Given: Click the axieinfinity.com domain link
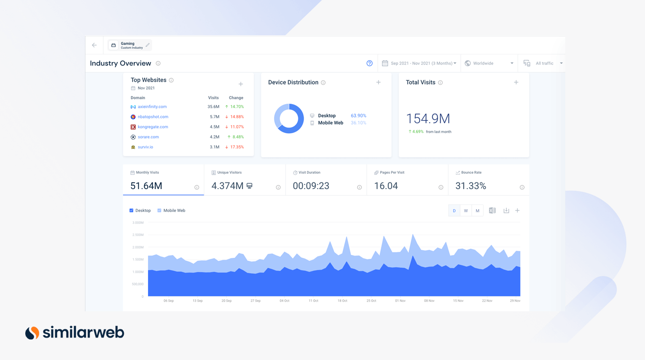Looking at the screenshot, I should click(x=152, y=107).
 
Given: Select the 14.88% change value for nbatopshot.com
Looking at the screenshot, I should click(x=236, y=117).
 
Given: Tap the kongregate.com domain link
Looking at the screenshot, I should click(x=153, y=127).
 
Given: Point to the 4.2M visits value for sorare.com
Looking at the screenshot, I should click(x=214, y=137).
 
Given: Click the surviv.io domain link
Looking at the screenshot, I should click(x=145, y=147).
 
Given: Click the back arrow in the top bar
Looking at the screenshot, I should click(x=95, y=45).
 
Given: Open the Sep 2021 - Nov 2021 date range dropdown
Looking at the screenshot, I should click(x=420, y=64).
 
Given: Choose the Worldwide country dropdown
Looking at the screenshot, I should click(x=489, y=64).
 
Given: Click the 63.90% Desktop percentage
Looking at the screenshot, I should click(x=359, y=116).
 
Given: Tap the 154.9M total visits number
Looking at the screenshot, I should click(x=428, y=119).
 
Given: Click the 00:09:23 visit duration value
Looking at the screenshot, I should click(x=311, y=186).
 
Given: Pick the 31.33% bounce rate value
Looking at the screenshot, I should click(x=471, y=186).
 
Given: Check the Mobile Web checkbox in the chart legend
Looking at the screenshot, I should click(x=159, y=211).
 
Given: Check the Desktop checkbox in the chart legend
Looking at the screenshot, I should click(x=132, y=211).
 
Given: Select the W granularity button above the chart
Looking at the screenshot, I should click(x=466, y=211).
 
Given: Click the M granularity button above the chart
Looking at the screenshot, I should click(x=477, y=211).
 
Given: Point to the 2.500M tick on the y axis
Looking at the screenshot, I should click(x=137, y=235).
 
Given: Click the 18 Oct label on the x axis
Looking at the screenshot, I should click(x=342, y=301).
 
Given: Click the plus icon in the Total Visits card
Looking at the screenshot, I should click(x=516, y=83).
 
